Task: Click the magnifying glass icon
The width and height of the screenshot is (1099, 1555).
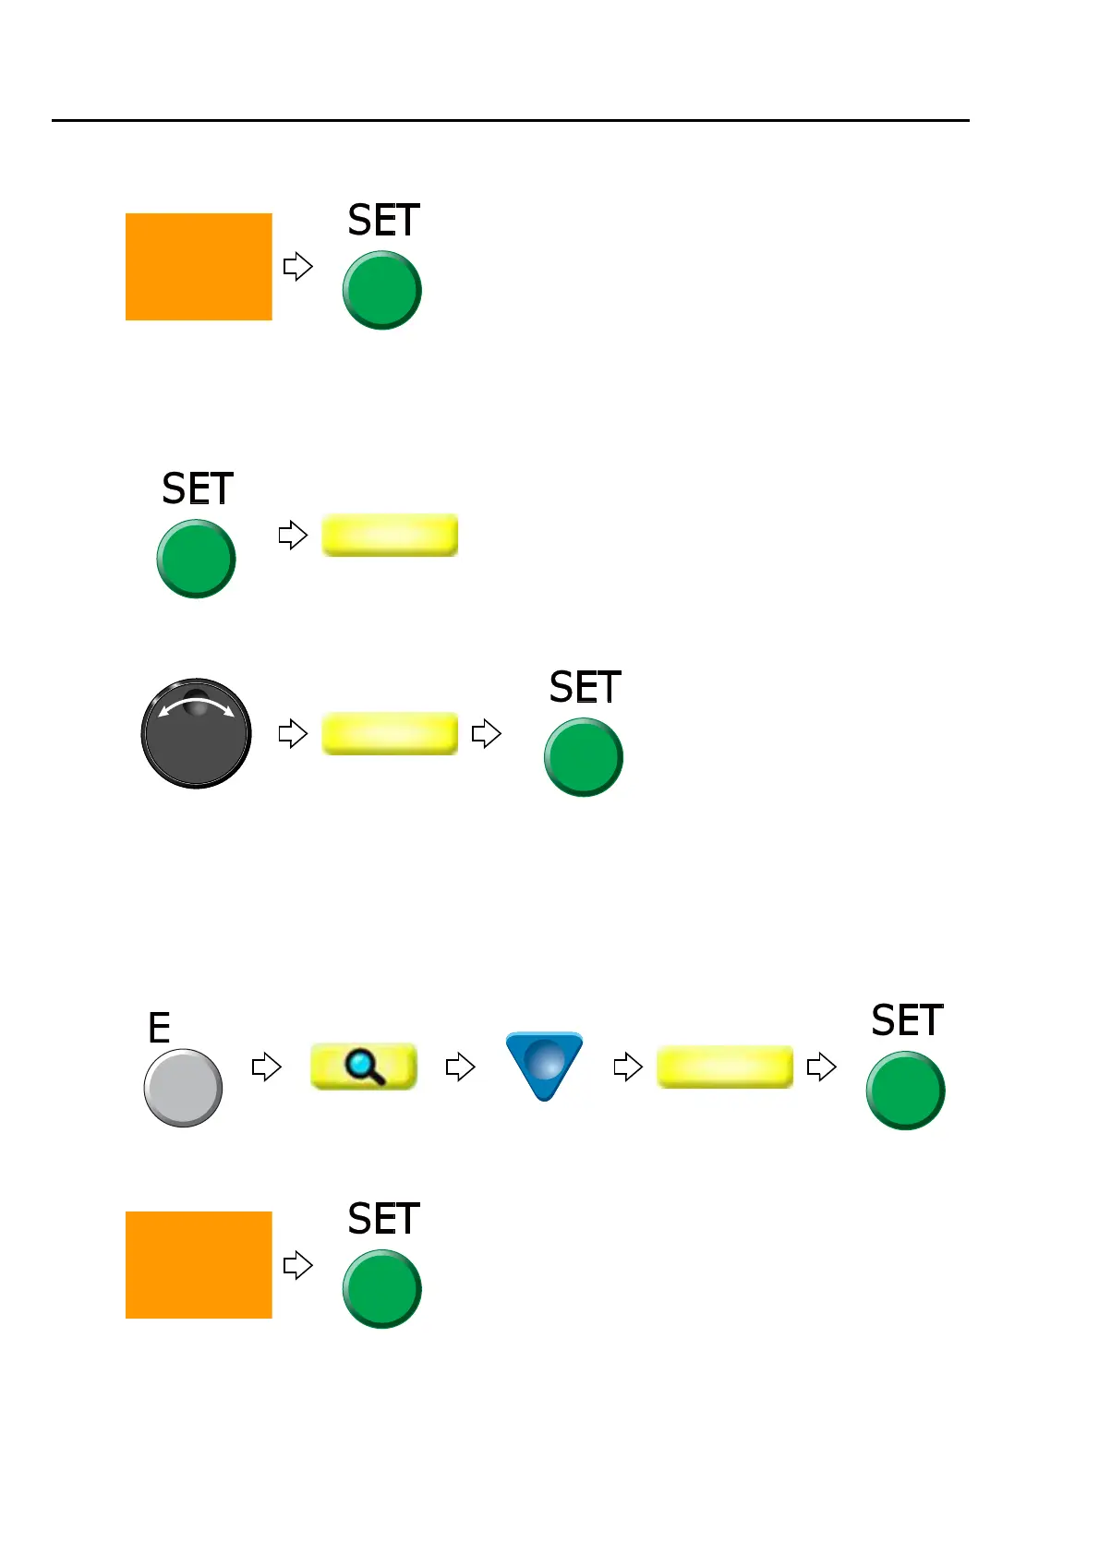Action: (x=365, y=1067)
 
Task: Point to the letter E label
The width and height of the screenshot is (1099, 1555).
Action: (x=159, y=1028)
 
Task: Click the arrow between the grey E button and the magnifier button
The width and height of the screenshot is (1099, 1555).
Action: (x=266, y=1067)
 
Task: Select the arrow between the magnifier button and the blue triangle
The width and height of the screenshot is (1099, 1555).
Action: (x=460, y=1067)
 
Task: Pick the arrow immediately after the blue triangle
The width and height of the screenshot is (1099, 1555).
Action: (x=628, y=1067)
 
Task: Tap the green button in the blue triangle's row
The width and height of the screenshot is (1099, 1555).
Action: (x=905, y=1091)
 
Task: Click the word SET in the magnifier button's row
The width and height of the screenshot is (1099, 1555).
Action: (x=907, y=1021)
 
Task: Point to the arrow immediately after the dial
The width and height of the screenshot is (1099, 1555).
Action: (x=293, y=734)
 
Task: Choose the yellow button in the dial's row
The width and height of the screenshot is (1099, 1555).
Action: (x=390, y=734)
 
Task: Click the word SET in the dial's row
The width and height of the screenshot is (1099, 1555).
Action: (x=585, y=688)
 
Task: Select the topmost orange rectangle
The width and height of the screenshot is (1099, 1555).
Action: (x=199, y=267)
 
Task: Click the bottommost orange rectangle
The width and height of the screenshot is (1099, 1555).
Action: (x=199, y=1265)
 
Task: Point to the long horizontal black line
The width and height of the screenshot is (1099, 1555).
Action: (x=510, y=120)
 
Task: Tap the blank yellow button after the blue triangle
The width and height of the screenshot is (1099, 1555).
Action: (x=725, y=1067)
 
